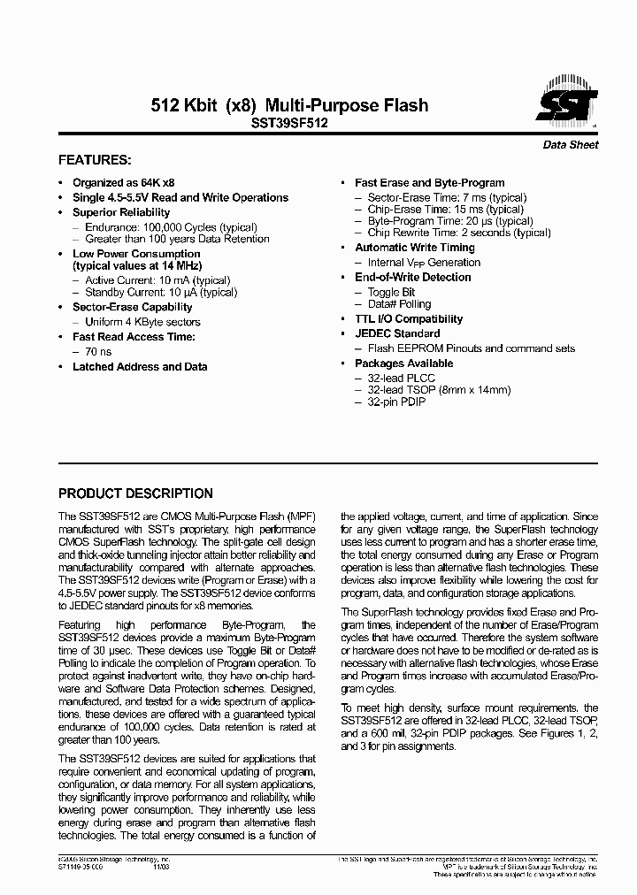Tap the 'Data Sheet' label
(x=570, y=145)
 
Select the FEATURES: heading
(x=95, y=160)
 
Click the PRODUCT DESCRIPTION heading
(x=135, y=493)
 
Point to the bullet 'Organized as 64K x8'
(x=124, y=183)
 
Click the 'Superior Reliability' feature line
(x=121, y=212)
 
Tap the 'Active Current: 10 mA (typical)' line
(x=161, y=280)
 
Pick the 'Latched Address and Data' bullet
(x=140, y=366)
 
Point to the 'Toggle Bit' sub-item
(x=391, y=292)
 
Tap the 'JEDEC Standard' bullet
(x=397, y=333)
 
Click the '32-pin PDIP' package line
(x=396, y=402)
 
